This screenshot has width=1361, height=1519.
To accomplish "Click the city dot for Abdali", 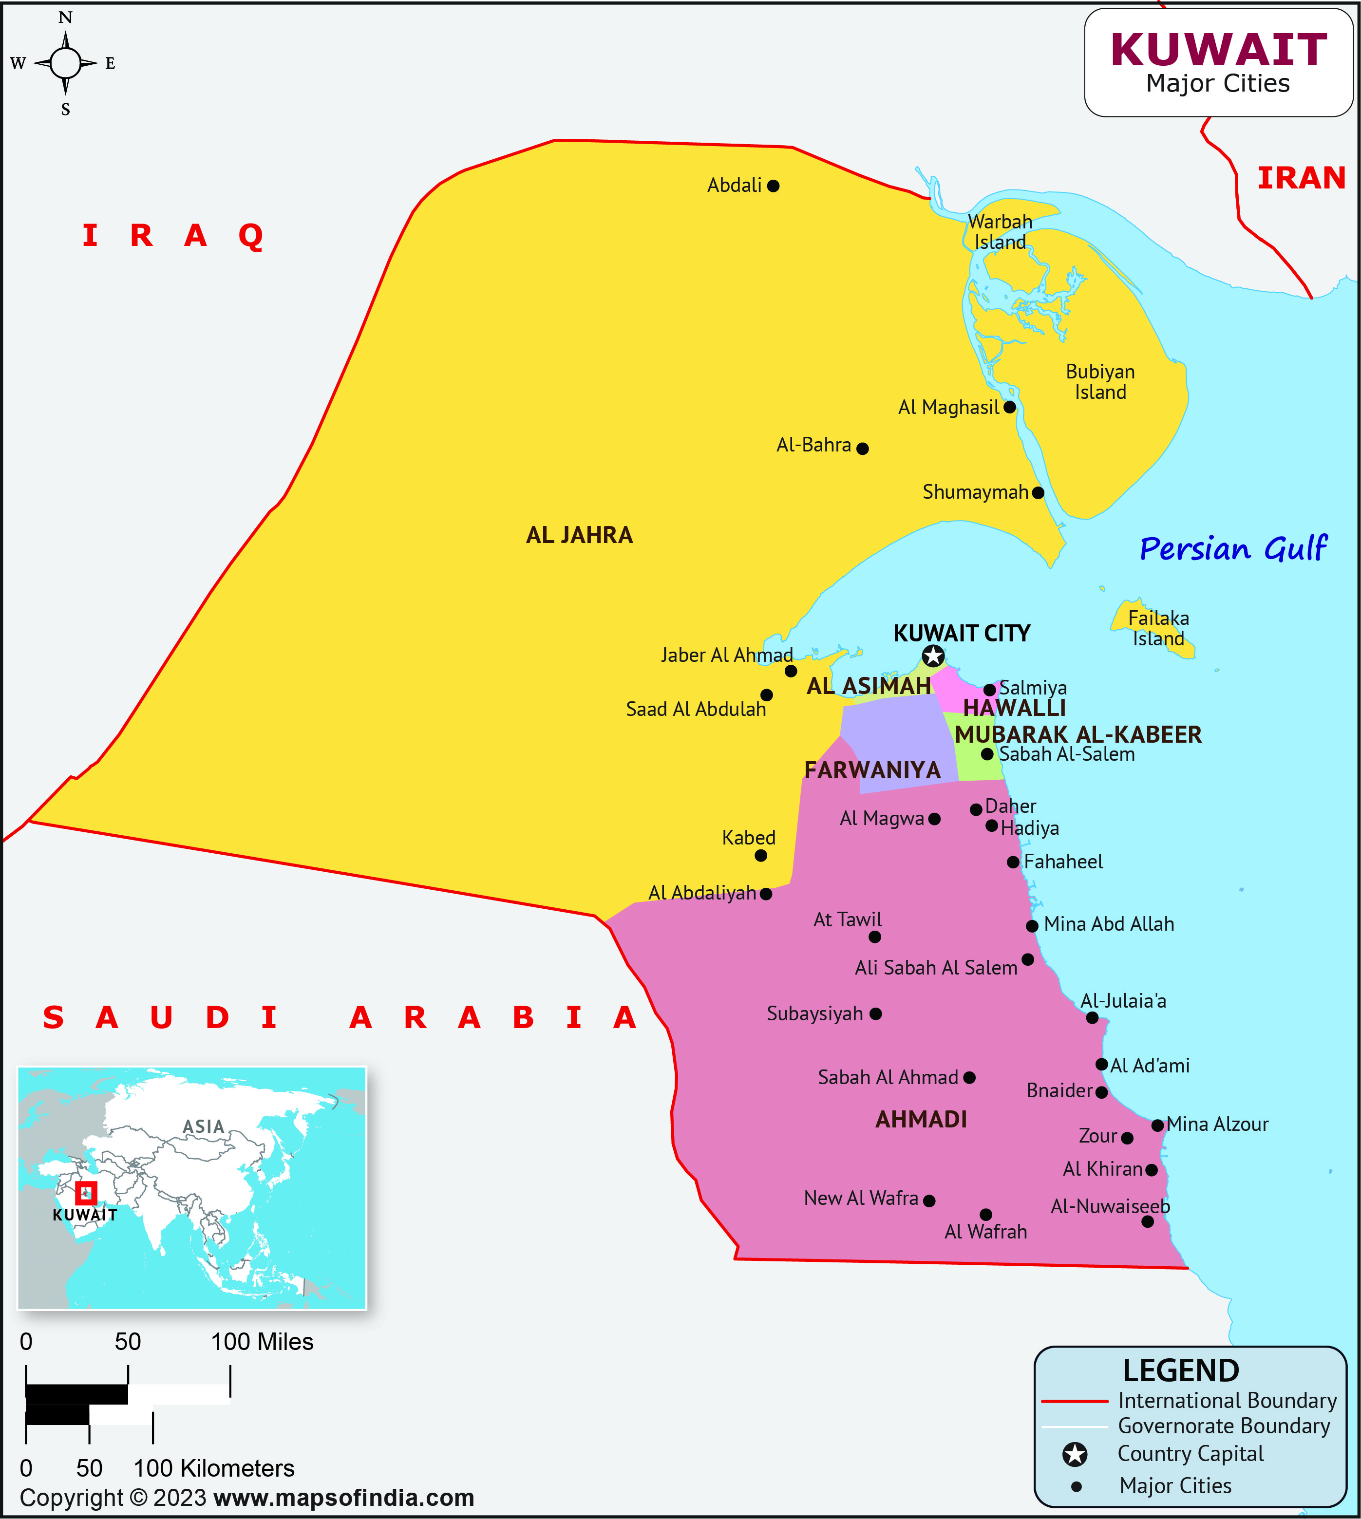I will (x=773, y=186).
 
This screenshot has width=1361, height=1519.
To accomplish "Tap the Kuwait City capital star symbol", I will (x=932, y=656).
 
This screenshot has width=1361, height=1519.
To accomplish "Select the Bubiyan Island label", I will (x=1100, y=382).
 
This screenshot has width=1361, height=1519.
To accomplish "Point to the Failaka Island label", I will (x=1158, y=628).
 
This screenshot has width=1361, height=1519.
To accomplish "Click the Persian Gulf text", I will (x=1232, y=549).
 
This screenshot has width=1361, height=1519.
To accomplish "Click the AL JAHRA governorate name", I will (x=580, y=535).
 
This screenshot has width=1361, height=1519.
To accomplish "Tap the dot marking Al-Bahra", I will (x=862, y=449).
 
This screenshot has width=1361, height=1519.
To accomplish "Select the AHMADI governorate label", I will (x=921, y=1119).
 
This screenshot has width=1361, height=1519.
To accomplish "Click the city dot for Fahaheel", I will (x=1013, y=862).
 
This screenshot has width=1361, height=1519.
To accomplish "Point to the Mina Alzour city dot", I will (x=1157, y=1125).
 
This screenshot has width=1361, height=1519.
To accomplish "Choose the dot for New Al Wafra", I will (x=929, y=1200).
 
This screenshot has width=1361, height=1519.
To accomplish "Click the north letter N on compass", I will (x=66, y=17).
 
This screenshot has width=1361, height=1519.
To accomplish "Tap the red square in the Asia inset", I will (x=86, y=1192).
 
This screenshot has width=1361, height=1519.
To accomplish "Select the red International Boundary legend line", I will (x=1075, y=1401).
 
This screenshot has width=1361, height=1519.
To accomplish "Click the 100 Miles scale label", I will (x=262, y=1342).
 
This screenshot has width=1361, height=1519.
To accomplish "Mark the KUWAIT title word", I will (x=1219, y=50).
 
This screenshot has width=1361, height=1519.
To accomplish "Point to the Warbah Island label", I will (x=1000, y=232).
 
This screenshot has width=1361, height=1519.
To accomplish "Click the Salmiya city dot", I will (x=989, y=689).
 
